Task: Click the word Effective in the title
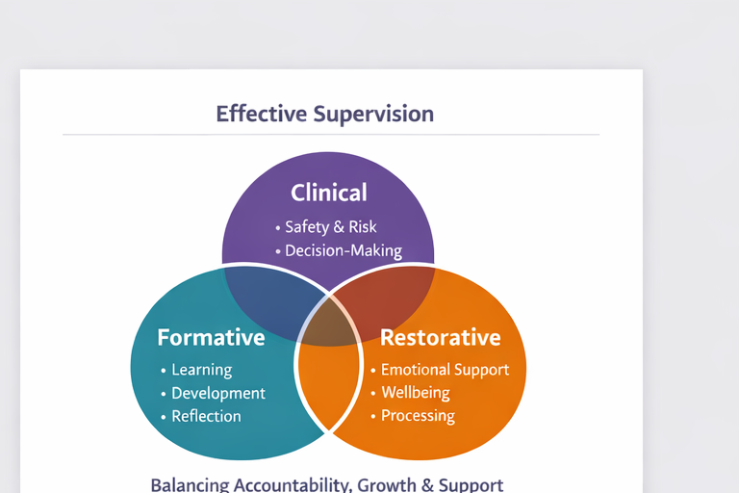[261, 114]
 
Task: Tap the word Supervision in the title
[373, 114]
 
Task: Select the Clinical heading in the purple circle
[329, 193]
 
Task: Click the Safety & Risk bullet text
[331, 227]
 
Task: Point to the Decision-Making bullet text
[344, 250]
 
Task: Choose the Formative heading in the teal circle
[211, 337]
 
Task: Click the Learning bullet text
[202, 370]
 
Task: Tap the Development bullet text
[218, 393]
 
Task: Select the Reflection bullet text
[207, 416]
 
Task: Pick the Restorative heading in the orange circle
[440, 337]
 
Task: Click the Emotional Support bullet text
[445, 370]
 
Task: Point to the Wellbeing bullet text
[416, 393]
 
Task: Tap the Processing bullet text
[418, 416]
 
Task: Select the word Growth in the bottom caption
[387, 485]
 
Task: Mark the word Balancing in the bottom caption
[190, 485]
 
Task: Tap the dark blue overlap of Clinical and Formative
[271, 302]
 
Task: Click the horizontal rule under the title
[331, 135]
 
